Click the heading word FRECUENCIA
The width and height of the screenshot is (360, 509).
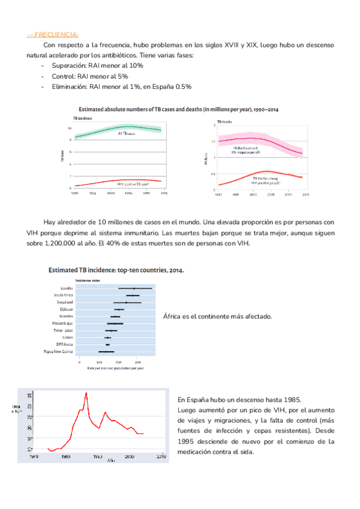click(x=57, y=34)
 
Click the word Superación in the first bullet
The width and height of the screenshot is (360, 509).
click(x=70, y=65)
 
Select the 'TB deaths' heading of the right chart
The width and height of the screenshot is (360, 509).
click(x=225, y=121)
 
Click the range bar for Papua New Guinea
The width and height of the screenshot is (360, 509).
click(x=106, y=351)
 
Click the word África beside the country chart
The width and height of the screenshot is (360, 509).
click(x=175, y=316)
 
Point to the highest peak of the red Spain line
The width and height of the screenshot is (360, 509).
click(x=86, y=393)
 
